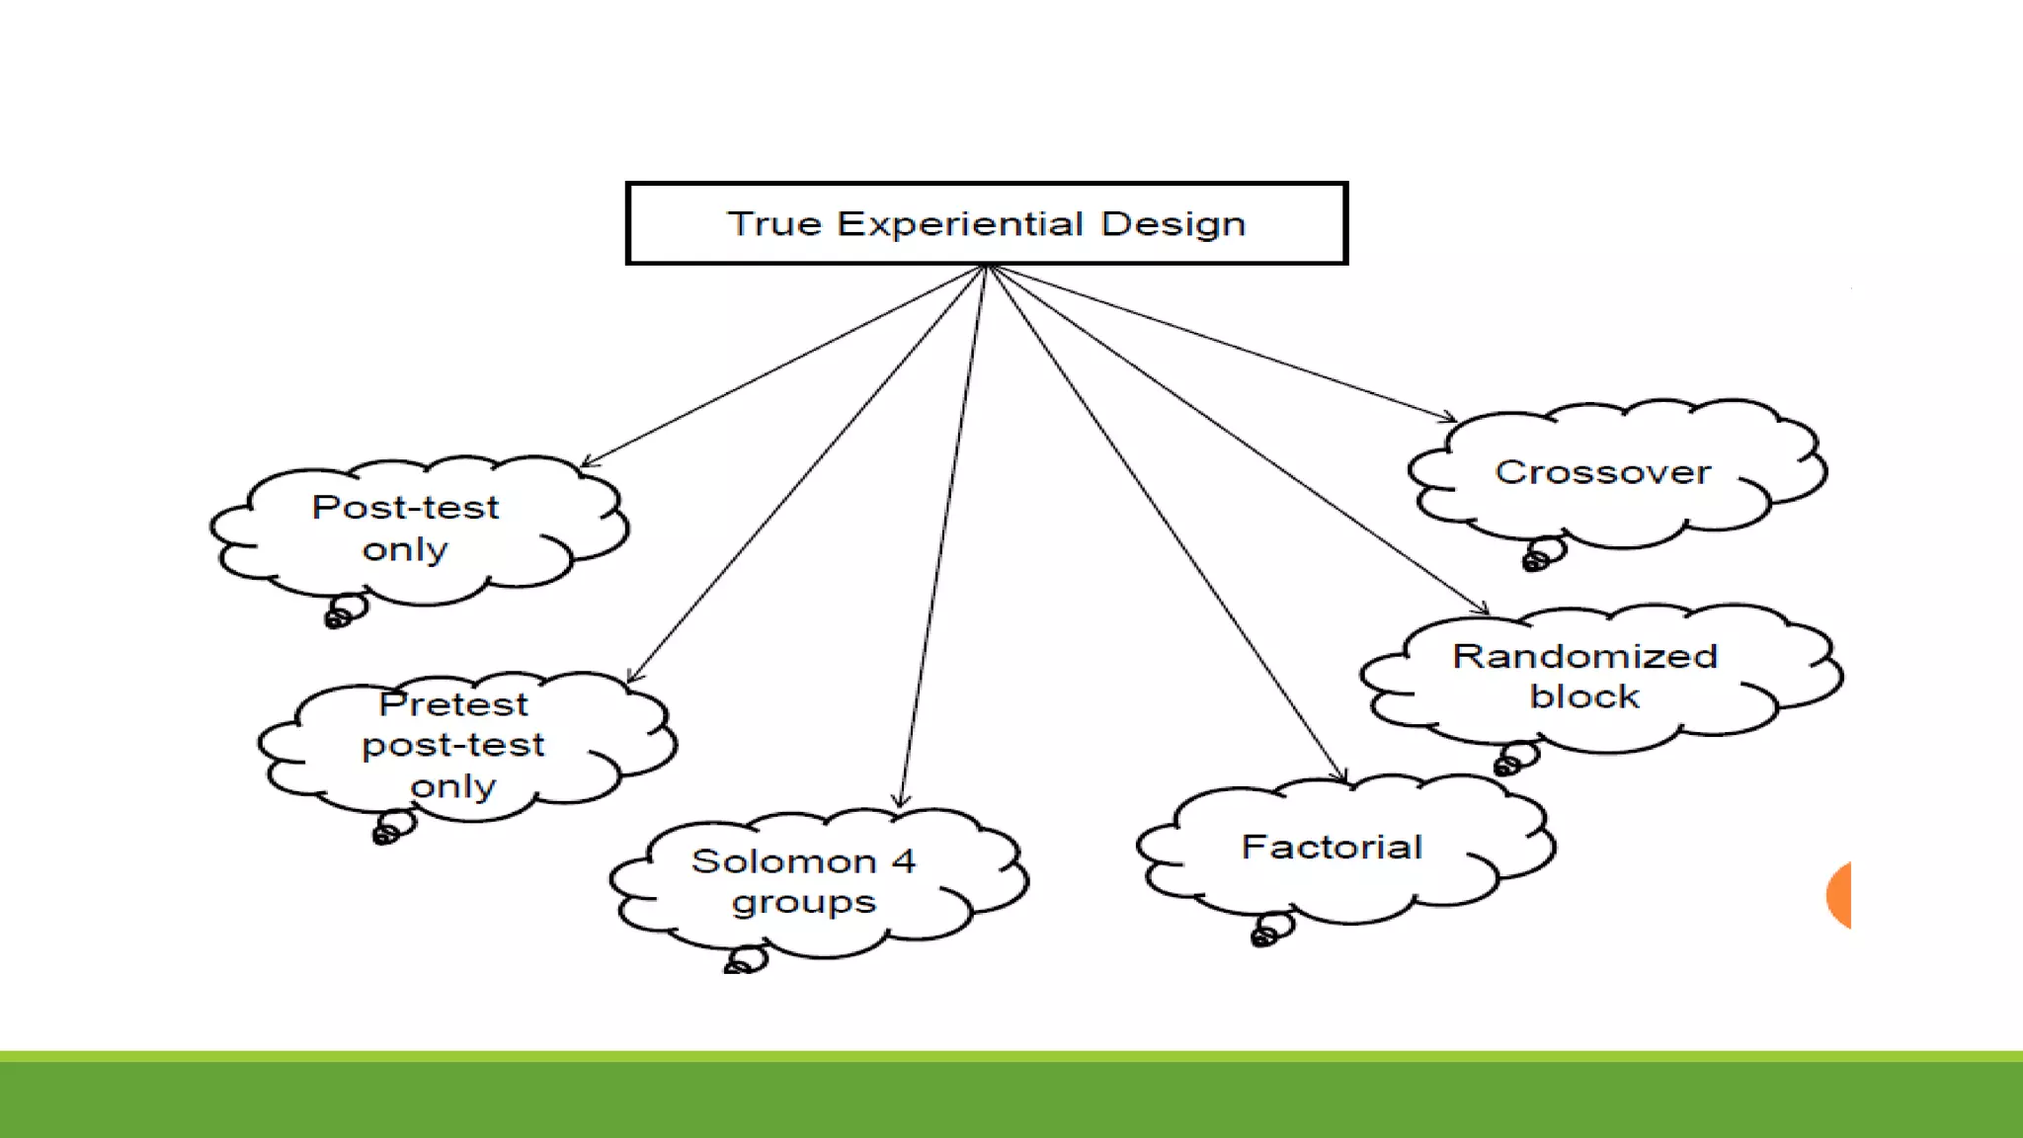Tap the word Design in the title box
click(1173, 224)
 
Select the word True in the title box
click(774, 223)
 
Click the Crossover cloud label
click(1602, 472)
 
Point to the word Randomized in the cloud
click(1584, 656)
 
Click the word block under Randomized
click(1583, 696)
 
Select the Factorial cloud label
click(1332, 847)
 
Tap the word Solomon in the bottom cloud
click(783, 861)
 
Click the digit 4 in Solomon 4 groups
click(903, 860)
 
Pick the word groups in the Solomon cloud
click(804, 902)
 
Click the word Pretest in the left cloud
click(453, 704)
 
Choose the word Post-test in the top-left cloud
click(405, 507)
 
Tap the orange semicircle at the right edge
click(1839, 895)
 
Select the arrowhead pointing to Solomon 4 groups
click(900, 802)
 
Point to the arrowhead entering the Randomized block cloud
click(1483, 609)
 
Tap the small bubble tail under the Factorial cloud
click(1271, 930)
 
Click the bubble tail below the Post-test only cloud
click(345, 610)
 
